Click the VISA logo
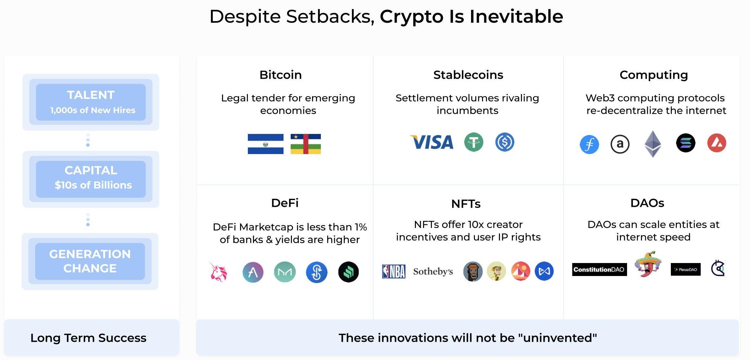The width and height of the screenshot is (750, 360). [x=431, y=142]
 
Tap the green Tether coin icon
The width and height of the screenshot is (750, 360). [x=474, y=142]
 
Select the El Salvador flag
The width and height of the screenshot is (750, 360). [x=265, y=144]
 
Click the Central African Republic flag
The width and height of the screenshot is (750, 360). [x=306, y=144]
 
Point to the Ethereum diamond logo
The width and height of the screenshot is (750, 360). [x=653, y=144]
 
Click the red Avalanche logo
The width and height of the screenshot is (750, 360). [x=717, y=143]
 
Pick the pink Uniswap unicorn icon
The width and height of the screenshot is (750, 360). [x=218, y=271]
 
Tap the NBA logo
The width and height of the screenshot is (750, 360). [x=393, y=271]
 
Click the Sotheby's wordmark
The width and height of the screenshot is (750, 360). [x=433, y=271]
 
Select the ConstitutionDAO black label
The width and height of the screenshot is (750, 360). [x=599, y=270]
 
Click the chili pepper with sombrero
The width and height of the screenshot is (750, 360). [x=647, y=264]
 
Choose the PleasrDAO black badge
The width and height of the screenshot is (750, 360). [x=685, y=270]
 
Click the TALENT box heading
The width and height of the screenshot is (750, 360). [x=91, y=95]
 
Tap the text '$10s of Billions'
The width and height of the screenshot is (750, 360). [x=93, y=185]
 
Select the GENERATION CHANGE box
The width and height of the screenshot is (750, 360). [x=90, y=261]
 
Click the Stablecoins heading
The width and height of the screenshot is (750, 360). [x=468, y=75]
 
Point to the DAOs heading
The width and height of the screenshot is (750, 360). [x=647, y=203]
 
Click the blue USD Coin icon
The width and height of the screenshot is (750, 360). [x=505, y=142]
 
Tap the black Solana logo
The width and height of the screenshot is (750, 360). [x=685, y=143]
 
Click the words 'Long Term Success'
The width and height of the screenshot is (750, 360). [x=88, y=338]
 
